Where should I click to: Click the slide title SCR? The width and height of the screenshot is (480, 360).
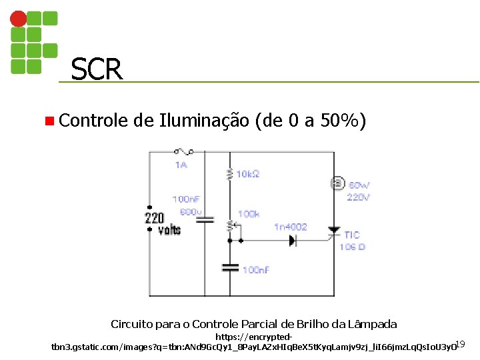(97, 69)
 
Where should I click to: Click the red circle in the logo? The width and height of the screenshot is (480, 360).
(19, 18)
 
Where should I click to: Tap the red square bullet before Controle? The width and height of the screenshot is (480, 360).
(49, 121)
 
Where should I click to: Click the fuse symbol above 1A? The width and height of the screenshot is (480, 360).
(182, 153)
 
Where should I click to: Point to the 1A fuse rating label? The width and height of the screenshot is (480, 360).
(181, 165)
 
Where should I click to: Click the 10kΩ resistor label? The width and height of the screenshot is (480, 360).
(247, 174)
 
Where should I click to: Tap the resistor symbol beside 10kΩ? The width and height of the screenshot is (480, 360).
(230, 174)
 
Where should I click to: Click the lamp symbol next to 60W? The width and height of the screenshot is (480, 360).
(337, 184)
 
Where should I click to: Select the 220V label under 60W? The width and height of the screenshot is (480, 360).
(358, 197)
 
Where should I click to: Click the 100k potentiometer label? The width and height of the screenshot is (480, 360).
(249, 214)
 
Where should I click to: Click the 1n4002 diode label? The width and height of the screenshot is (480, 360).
(291, 227)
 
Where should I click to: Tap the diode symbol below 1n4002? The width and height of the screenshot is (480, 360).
(293, 241)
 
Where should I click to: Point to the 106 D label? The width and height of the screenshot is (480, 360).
(352, 247)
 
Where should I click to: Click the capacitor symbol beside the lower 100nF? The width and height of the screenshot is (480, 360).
(230, 268)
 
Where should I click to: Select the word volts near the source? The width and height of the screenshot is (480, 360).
(169, 230)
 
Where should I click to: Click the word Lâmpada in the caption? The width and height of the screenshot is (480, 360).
(375, 325)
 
